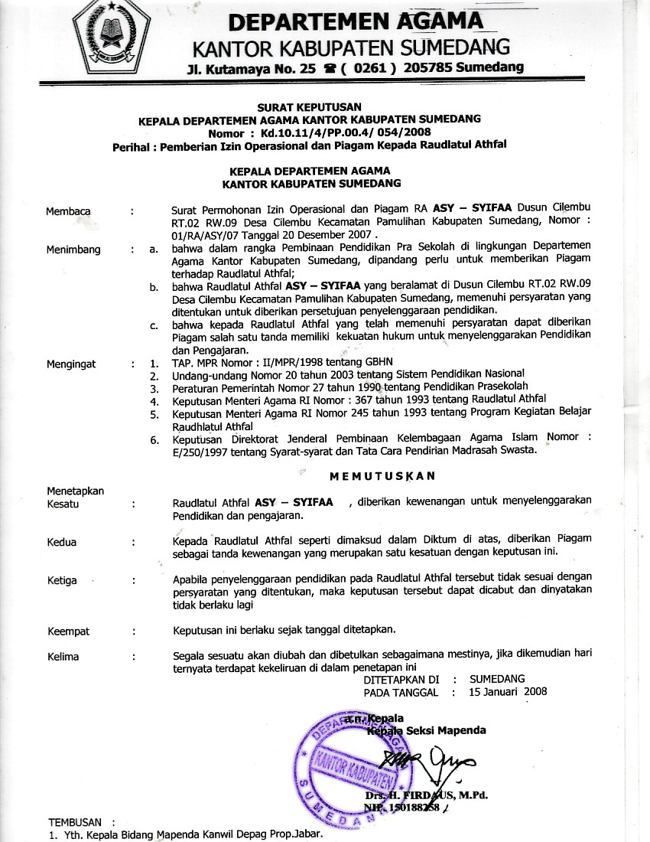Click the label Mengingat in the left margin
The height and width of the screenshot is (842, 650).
tap(71, 364)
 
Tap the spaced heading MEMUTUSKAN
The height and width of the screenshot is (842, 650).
tap(382, 476)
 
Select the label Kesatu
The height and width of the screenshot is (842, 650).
tap(63, 504)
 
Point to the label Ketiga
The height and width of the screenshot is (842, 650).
tap(62, 580)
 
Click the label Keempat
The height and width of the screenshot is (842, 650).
tap(68, 631)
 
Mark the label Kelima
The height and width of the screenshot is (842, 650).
tap(63, 656)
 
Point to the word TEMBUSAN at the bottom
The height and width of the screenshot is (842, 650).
tap(75, 821)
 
